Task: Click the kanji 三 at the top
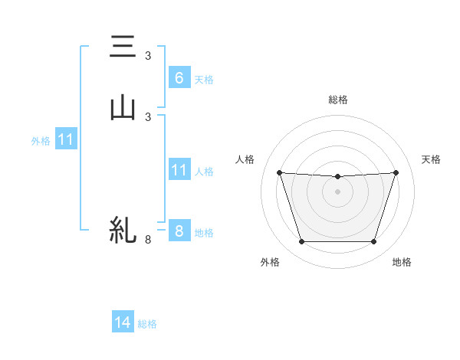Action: pyautogui.click(x=123, y=49)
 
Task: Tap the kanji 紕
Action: pyautogui.click(x=123, y=229)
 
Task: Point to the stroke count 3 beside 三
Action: pyautogui.click(x=148, y=56)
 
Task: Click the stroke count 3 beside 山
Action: pyautogui.click(x=148, y=116)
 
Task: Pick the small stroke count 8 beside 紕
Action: pyautogui.click(x=148, y=240)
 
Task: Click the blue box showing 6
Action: pyautogui.click(x=179, y=77)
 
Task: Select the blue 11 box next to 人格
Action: pyautogui.click(x=179, y=170)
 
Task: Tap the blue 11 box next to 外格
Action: pyautogui.click(x=66, y=139)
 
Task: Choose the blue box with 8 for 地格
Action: pyautogui.click(x=179, y=231)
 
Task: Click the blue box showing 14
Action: pyautogui.click(x=123, y=322)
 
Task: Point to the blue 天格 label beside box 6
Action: pyautogui.click(x=204, y=79)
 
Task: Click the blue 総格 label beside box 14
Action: pyautogui.click(x=147, y=324)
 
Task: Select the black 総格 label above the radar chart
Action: pyautogui.click(x=338, y=100)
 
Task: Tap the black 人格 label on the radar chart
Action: pyautogui.click(x=245, y=159)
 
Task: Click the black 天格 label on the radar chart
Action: pyautogui.click(x=431, y=159)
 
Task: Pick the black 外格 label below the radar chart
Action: pyautogui.click(x=270, y=262)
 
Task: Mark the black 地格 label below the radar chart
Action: pyautogui.click(x=402, y=262)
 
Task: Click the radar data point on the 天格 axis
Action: pyautogui.click(x=396, y=172)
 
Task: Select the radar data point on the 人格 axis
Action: pyautogui.click(x=279, y=172)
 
